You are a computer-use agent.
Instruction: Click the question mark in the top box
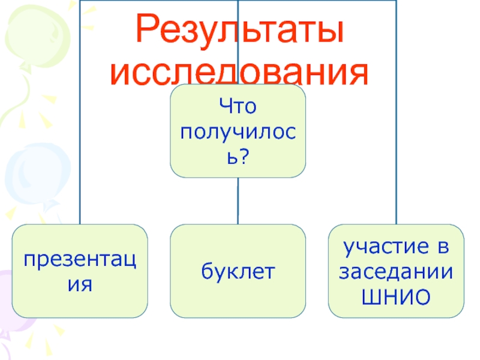tap(247, 157)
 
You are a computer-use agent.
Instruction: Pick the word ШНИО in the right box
tap(396, 296)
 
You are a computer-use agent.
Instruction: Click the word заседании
tap(396, 271)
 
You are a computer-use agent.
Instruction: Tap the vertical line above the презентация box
tap(80, 150)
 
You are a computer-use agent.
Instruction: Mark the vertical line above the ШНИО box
tap(397, 150)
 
